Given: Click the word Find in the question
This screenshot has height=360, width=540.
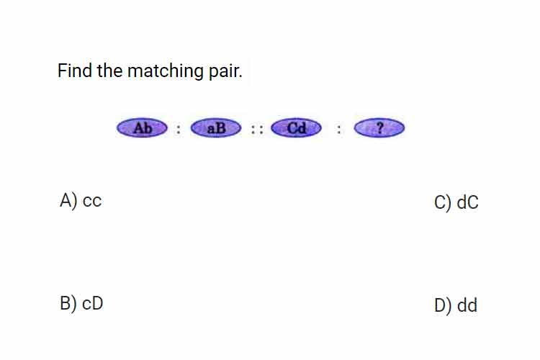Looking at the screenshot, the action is (75, 71).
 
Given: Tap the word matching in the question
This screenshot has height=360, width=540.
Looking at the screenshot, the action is (166, 72).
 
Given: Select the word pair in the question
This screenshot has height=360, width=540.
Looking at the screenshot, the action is (225, 72).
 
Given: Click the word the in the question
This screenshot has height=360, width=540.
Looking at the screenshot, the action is (109, 71).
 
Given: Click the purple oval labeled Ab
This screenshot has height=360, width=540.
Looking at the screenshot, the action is (142, 128).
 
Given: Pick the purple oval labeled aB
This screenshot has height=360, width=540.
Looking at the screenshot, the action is (216, 128).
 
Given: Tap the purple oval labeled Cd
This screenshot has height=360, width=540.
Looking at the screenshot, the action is (296, 128).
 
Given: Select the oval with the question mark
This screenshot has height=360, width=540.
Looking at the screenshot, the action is (379, 128).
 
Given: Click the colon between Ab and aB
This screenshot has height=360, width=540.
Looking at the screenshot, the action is (178, 130).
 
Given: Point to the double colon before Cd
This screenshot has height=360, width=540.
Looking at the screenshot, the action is (257, 130).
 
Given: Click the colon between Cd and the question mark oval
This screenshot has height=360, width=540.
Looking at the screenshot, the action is (339, 130).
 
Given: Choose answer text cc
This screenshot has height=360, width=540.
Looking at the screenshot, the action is (92, 201).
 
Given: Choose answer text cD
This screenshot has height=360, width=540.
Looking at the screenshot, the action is (93, 304).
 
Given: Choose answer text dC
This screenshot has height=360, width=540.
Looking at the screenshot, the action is (467, 202).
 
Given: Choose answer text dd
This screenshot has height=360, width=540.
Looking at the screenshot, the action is (467, 305).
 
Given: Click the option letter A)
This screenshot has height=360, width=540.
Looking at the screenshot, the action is (68, 200).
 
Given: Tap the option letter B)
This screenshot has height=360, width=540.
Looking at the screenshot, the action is (68, 304).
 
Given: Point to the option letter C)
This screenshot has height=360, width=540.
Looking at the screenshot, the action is (443, 202).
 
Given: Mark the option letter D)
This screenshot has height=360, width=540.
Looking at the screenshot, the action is (443, 305).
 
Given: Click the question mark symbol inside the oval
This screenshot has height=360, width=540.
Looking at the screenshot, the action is (380, 128).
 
